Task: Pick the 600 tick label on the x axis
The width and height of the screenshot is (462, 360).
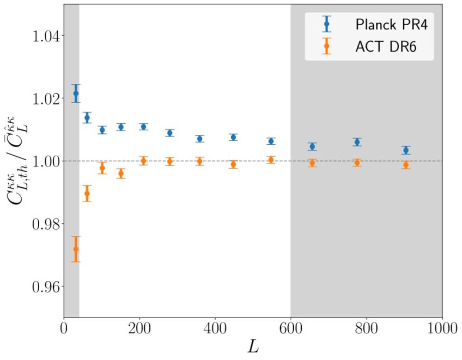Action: pyautogui.click(x=291, y=326)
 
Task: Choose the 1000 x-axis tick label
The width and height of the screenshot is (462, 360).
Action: pyautogui.click(x=441, y=326)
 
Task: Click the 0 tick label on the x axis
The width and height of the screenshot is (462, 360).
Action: pyautogui.click(x=64, y=326)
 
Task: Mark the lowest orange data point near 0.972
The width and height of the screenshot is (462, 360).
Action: pyautogui.click(x=76, y=249)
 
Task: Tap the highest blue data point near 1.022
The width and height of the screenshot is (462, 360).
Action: pyautogui.click(x=76, y=93)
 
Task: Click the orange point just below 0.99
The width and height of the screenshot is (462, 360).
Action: pyautogui.click(x=87, y=194)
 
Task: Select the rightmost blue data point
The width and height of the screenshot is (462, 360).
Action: pyautogui.click(x=406, y=150)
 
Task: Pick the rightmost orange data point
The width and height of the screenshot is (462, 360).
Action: pyautogui.click(x=406, y=165)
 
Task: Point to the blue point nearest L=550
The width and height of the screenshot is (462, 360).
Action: pyautogui.click(x=271, y=141)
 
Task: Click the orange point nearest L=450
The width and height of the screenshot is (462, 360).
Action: pyautogui.click(x=233, y=164)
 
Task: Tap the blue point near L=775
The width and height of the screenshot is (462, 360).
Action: pyautogui.click(x=357, y=142)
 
